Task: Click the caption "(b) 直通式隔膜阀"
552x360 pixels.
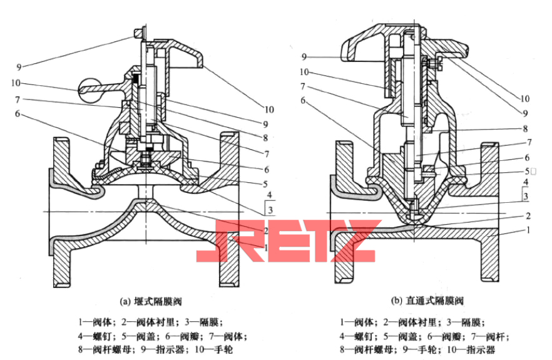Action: click(x=428, y=301)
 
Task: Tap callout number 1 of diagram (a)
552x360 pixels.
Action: click(x=268, y=248)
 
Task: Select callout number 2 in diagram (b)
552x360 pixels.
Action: click(x=529, y=215)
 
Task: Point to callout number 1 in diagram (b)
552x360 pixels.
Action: click(x=529, y=230)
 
